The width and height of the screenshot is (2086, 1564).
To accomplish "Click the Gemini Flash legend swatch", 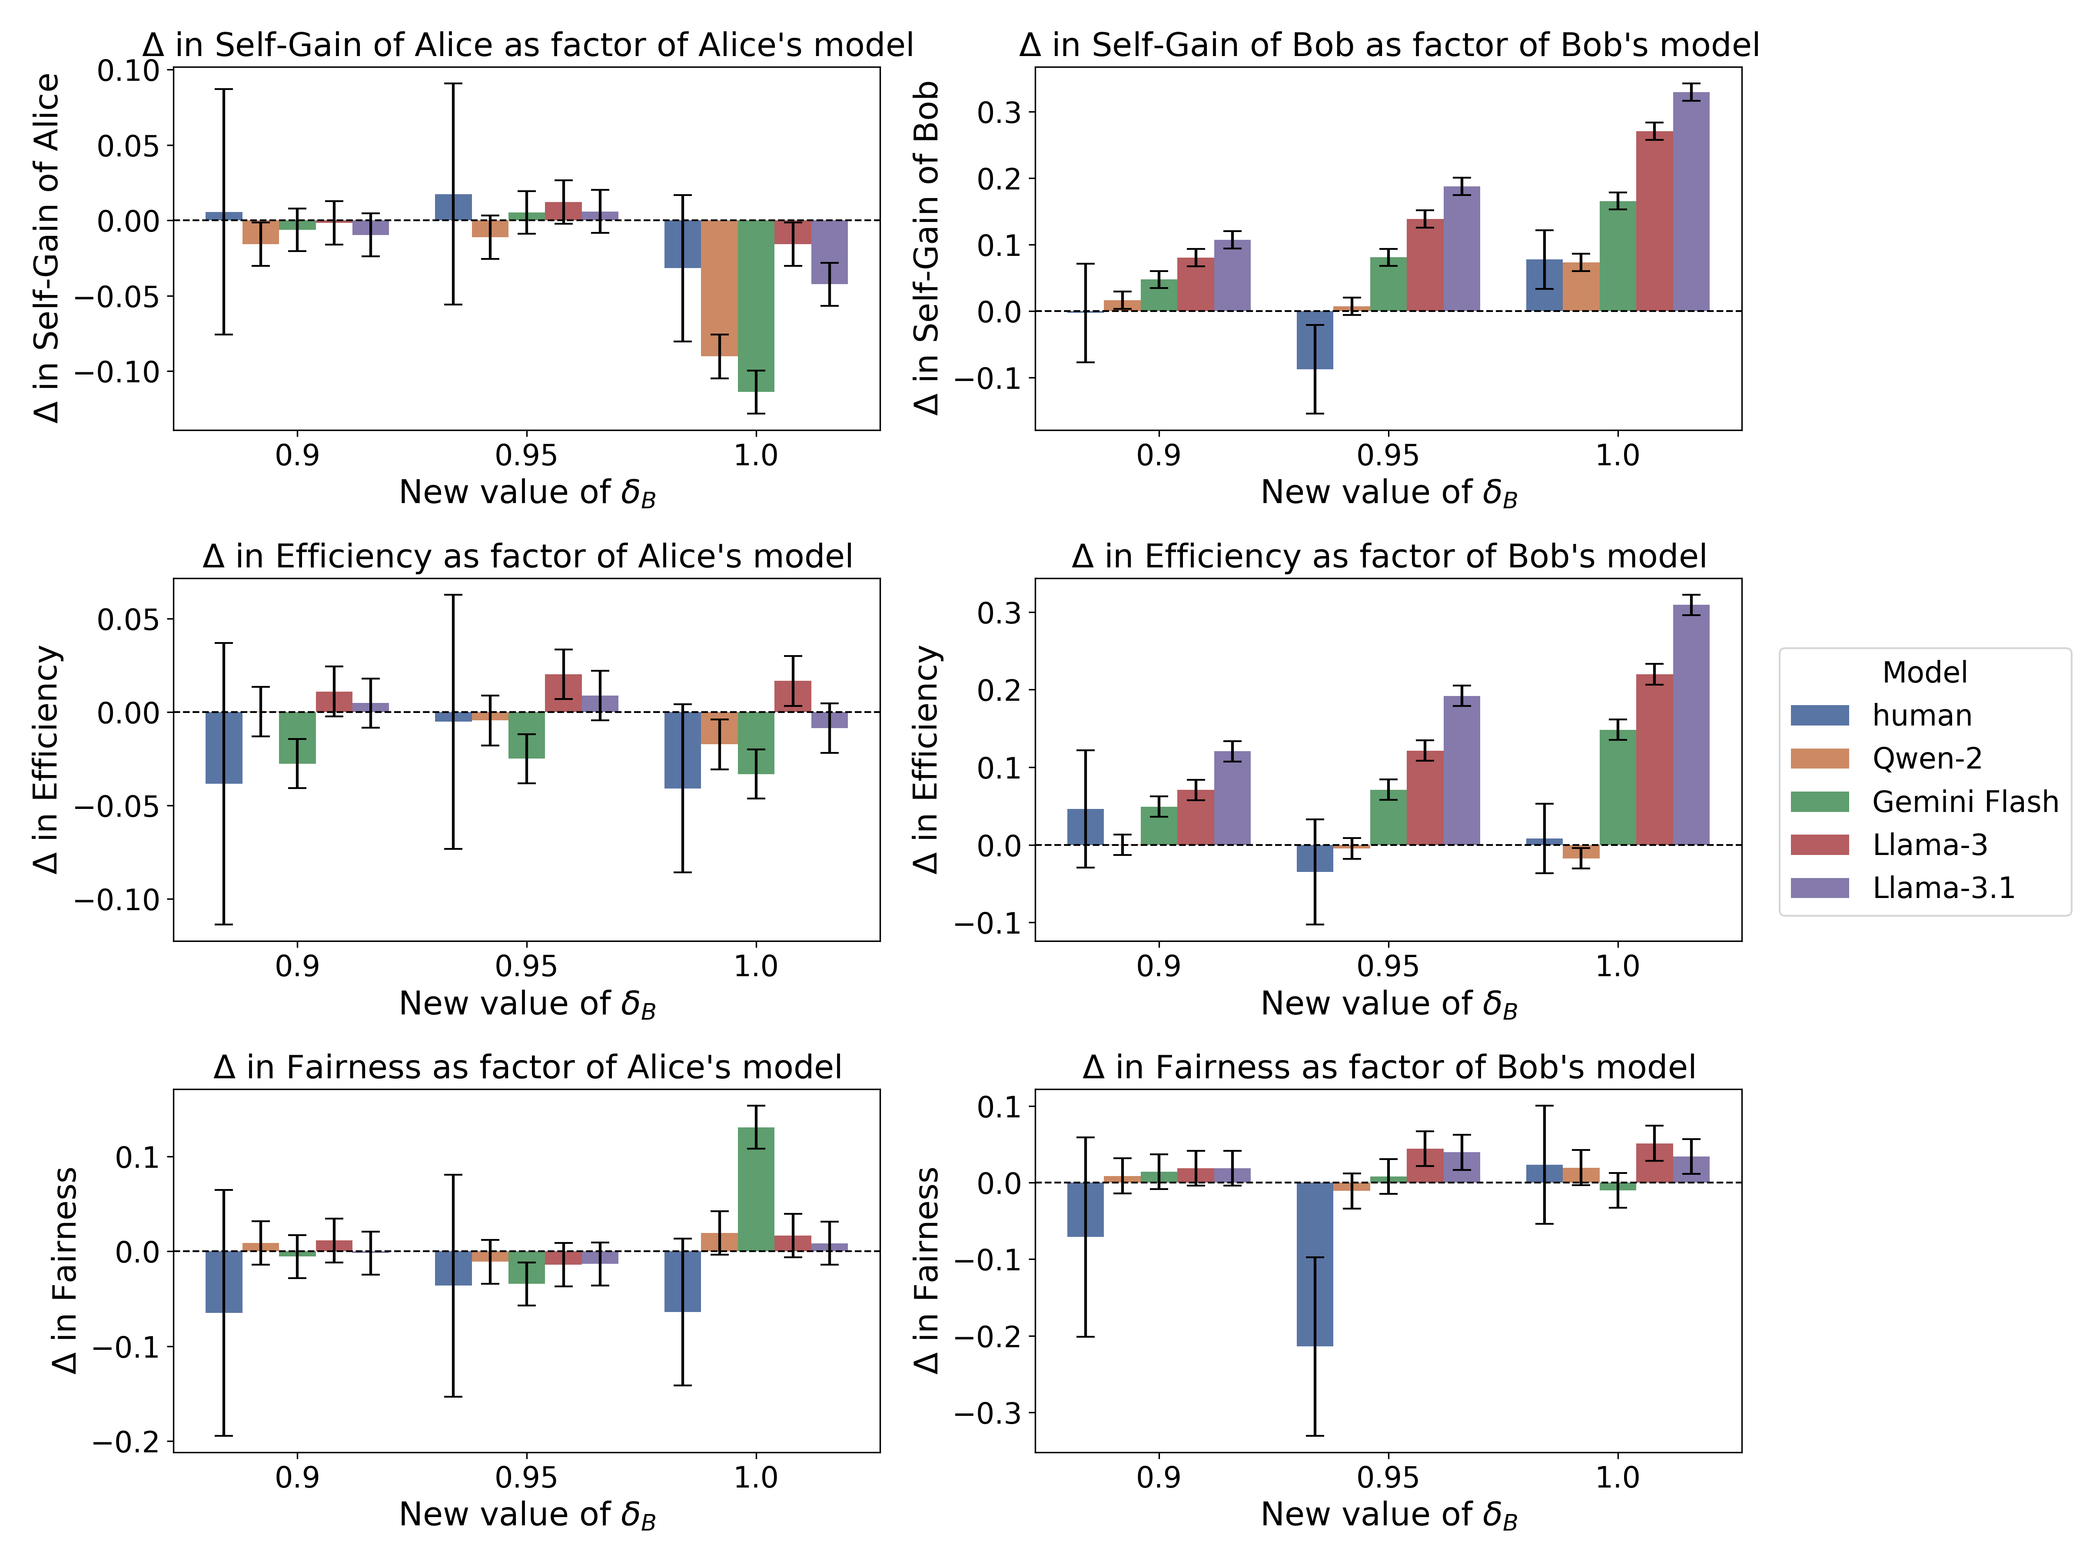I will coord(1819,801).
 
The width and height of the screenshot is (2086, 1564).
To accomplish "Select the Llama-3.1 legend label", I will coord(1943,888).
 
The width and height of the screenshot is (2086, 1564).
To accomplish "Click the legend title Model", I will coord(1924,672).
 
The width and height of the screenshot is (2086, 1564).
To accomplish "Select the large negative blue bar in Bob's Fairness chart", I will coord(1315,1263).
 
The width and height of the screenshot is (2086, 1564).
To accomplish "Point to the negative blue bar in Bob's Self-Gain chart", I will coord(1315,339).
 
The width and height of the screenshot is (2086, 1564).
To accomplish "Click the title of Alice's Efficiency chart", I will coord(527,556).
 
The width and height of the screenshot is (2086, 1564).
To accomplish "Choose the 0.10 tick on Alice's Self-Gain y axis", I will coord(129,71).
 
